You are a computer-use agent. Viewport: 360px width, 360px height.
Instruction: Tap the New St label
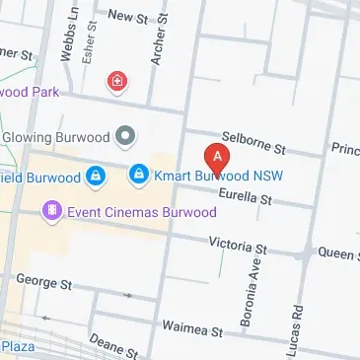126,16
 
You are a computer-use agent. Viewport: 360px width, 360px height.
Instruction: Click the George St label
44,284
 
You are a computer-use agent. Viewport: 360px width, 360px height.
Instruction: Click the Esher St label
88,45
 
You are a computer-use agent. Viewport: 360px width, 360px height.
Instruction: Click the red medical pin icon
118,81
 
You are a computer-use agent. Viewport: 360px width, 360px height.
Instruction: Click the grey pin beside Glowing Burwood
125,134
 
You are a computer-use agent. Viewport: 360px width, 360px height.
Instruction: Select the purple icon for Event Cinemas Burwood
51,211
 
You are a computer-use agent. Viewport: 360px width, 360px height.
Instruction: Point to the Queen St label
337,253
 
